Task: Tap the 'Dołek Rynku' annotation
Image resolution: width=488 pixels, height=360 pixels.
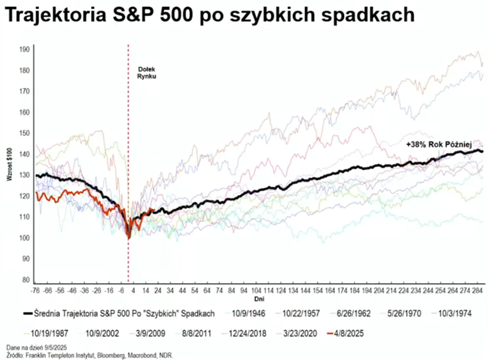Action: tap(146, 72)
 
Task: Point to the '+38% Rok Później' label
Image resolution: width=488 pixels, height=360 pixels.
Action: tap(438, 145)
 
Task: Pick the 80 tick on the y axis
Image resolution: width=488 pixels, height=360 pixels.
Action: tap(24, 280)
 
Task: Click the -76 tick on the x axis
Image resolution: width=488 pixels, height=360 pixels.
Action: tap(35, 290)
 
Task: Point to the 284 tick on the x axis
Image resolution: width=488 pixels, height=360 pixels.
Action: tap(478, 290)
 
